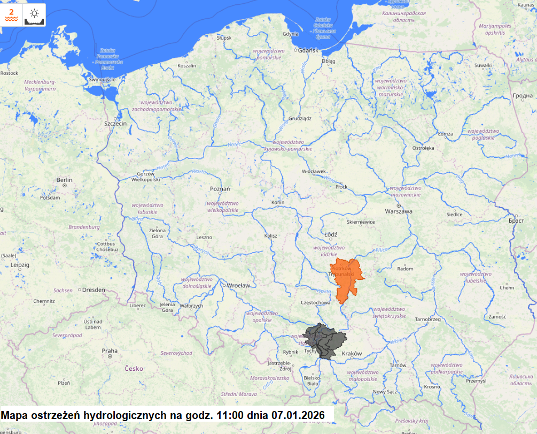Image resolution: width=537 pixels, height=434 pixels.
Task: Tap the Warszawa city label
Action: point(399,211)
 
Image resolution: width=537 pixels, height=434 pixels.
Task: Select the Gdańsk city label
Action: point(308,50)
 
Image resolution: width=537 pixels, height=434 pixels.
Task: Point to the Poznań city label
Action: point(220,189)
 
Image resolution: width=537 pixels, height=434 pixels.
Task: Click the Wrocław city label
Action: point(238,285)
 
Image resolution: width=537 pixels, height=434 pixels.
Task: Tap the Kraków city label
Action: point(352,354)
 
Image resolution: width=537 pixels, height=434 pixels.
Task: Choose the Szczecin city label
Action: point(115,123)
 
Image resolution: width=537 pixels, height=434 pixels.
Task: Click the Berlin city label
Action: point(64,180)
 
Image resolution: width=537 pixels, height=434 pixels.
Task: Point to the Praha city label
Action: point(110,351)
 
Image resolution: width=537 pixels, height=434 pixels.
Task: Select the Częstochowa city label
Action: point(316,303)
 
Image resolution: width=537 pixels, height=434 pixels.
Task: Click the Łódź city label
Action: point(331,234)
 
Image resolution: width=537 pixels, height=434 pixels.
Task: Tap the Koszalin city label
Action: point(186,66)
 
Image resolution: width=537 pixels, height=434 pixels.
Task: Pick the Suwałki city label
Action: point(482,65)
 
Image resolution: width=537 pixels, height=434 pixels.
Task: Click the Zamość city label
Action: point(497,316)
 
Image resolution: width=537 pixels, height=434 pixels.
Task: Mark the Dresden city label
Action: point(94,290)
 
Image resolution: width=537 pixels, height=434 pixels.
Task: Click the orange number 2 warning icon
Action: point(12,14)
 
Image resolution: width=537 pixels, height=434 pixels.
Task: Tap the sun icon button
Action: point(35,14)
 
